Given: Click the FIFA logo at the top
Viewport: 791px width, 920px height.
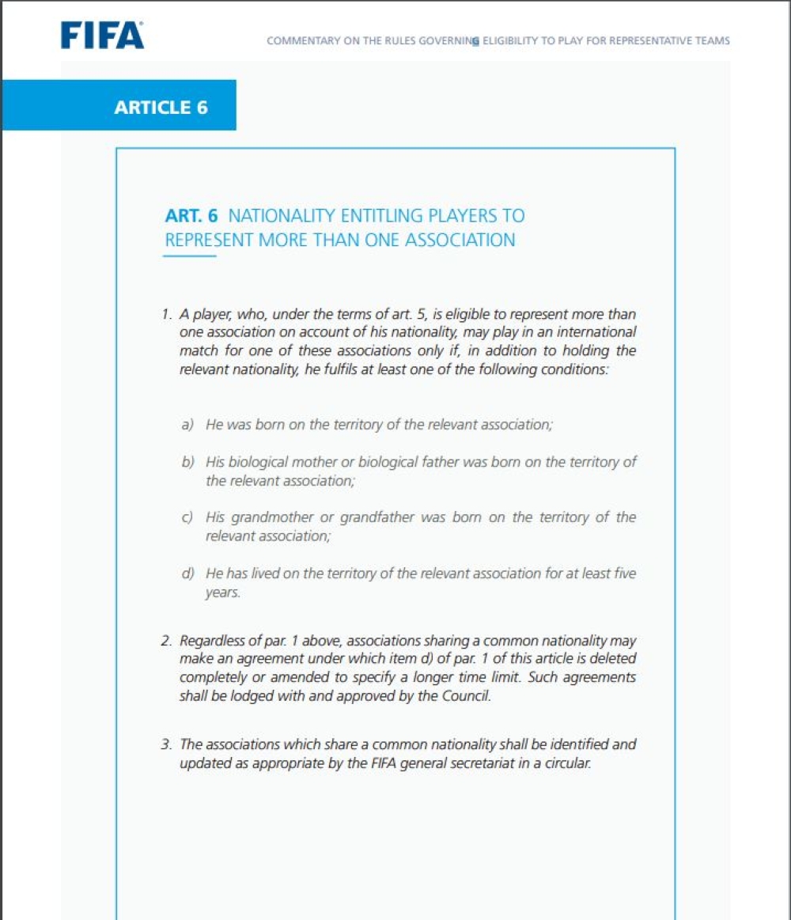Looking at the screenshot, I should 103,36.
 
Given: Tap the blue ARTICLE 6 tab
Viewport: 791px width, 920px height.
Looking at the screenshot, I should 161,108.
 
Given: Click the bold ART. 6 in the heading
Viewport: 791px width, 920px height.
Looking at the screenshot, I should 191,216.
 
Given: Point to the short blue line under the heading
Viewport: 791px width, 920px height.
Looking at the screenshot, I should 191,256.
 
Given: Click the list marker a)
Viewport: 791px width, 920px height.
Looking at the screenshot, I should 187,425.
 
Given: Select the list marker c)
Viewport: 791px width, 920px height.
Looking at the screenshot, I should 187,517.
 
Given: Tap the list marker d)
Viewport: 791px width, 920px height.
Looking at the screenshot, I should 187,574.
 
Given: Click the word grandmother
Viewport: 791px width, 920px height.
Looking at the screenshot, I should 270,517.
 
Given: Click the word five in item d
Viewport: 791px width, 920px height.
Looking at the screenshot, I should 624,574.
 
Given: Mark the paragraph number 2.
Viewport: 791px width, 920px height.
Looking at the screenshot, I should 165,640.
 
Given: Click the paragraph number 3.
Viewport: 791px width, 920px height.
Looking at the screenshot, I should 165,744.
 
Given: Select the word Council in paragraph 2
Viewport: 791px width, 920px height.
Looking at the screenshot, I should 472,696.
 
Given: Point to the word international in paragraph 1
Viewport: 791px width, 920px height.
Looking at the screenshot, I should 596,332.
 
